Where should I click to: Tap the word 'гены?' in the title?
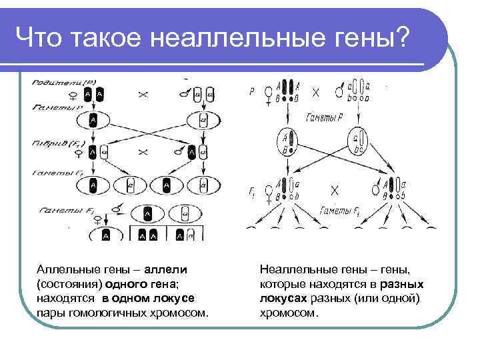(375, 39)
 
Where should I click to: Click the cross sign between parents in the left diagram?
(143, 95)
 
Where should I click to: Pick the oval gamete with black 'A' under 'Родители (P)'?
(93, 121)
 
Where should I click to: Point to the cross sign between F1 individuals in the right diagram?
(335, 191)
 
